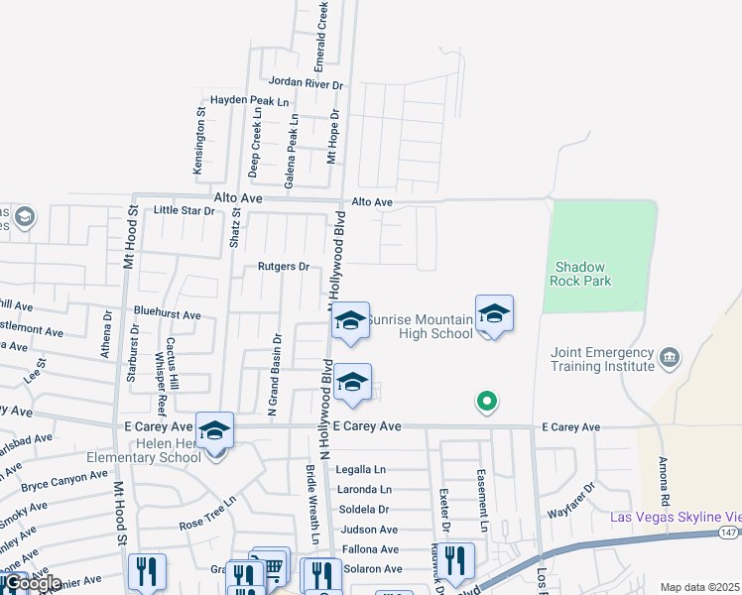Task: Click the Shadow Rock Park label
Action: coord(582,274)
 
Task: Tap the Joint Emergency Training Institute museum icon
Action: coord(670,356)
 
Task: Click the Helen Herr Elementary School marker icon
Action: coord(214,431)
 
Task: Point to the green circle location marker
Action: coord(486,402)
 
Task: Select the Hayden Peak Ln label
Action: coord(249,101)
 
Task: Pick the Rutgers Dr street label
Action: coord(284,266)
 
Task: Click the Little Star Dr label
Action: coord(185,210)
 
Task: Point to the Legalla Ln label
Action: coord(360,469)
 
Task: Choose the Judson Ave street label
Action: coord(369,530)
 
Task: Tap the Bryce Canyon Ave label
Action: coord(63,481)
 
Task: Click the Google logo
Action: coord(31,583)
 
